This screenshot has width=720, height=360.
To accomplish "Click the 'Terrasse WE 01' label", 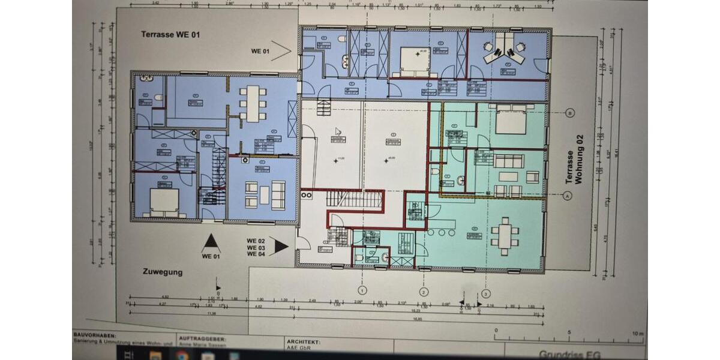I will [x=170, y=35].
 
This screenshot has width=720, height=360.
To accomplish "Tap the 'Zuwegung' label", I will [x=162, y=272].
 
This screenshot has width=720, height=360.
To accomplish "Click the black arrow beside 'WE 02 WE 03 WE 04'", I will [x=280, y=245].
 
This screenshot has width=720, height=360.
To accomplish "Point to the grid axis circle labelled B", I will [x=570, y=113].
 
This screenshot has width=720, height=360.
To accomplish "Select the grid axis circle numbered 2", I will [x=424, y=293].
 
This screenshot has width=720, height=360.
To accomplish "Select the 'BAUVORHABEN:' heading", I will [x=95, y=336].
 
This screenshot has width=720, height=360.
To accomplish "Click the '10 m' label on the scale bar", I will [x=637, y=334].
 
